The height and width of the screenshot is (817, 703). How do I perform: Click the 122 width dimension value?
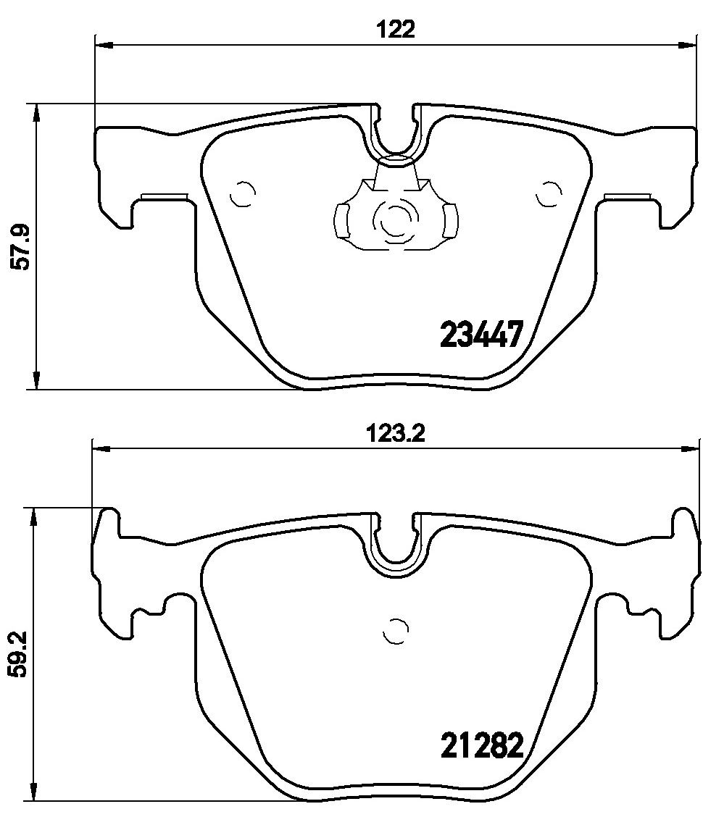[396, 30]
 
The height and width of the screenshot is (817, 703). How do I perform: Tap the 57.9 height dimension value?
[23, 246]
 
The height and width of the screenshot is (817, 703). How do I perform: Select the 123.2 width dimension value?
[396, 434]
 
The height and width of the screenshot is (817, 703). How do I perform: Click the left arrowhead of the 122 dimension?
[104, 46]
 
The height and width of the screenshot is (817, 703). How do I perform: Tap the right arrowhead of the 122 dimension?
[686, 46]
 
